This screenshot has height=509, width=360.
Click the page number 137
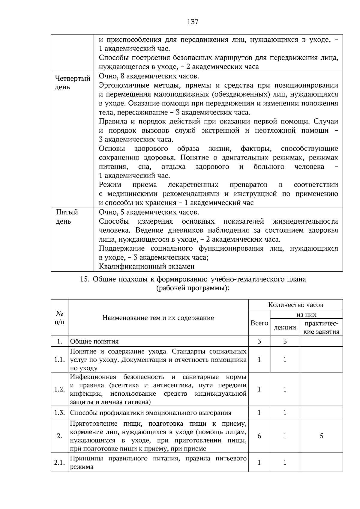(193, 22)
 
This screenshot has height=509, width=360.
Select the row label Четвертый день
(72, 83)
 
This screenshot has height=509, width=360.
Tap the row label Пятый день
(67, 217)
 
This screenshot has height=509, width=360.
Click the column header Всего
(259, 323)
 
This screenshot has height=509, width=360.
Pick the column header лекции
(285, 327)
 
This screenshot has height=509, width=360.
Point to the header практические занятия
(321, 327)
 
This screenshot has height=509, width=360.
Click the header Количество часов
(295, 305)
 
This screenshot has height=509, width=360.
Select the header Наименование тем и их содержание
(158, 318)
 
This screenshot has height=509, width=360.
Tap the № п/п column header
(59, 318)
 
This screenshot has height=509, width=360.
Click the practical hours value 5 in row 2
(321, 436)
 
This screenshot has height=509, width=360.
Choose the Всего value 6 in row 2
(259, 436)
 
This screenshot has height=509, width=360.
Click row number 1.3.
(59, 413)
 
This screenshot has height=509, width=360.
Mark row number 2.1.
(59, 463)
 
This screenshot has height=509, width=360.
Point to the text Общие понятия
(94, 341)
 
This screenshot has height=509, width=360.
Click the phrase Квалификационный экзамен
(147, 266)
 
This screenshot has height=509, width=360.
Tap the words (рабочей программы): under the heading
(193, 288)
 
